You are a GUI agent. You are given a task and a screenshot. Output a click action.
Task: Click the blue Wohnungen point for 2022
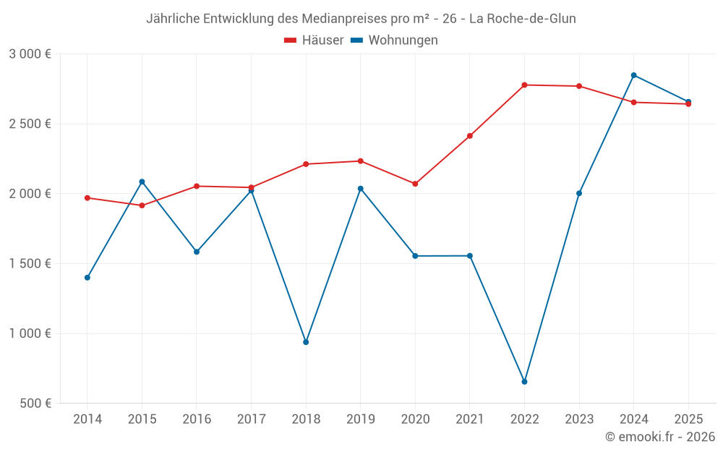[x=524, y=382]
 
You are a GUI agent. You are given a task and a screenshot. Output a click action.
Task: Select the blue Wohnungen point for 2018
[x=306, y=342]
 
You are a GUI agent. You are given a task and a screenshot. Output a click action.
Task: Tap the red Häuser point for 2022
[x=524, y=85]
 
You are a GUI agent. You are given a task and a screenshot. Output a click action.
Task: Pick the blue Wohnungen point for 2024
[x=633, y=75]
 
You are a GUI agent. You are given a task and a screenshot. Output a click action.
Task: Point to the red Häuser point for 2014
[x=87, y=198]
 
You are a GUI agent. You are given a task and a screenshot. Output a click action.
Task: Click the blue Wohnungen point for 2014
[x=87, y=278]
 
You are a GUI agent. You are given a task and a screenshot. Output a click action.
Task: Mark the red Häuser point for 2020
[x=415, y=184]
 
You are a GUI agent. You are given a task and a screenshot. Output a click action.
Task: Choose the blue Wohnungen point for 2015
[x=142, y=182]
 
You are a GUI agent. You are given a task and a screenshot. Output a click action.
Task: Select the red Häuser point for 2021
[x=470, y=136]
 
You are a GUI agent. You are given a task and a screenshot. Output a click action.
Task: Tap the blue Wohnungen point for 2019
[x=361, y=189]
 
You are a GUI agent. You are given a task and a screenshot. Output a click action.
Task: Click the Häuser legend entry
[x=314, y=40]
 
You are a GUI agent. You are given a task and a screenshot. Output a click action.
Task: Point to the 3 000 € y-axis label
[x=30, y=54]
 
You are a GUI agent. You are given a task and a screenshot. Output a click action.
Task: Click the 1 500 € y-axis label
[x=30, y=264]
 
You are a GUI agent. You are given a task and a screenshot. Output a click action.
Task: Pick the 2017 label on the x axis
[x=251, y=419]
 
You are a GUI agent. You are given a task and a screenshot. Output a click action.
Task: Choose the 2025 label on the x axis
[x=688, y=419]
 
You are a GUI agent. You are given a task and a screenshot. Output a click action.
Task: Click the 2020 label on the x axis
[x=415, y=419]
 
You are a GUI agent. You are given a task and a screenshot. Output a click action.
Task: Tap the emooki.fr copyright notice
[x=659, y=437]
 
